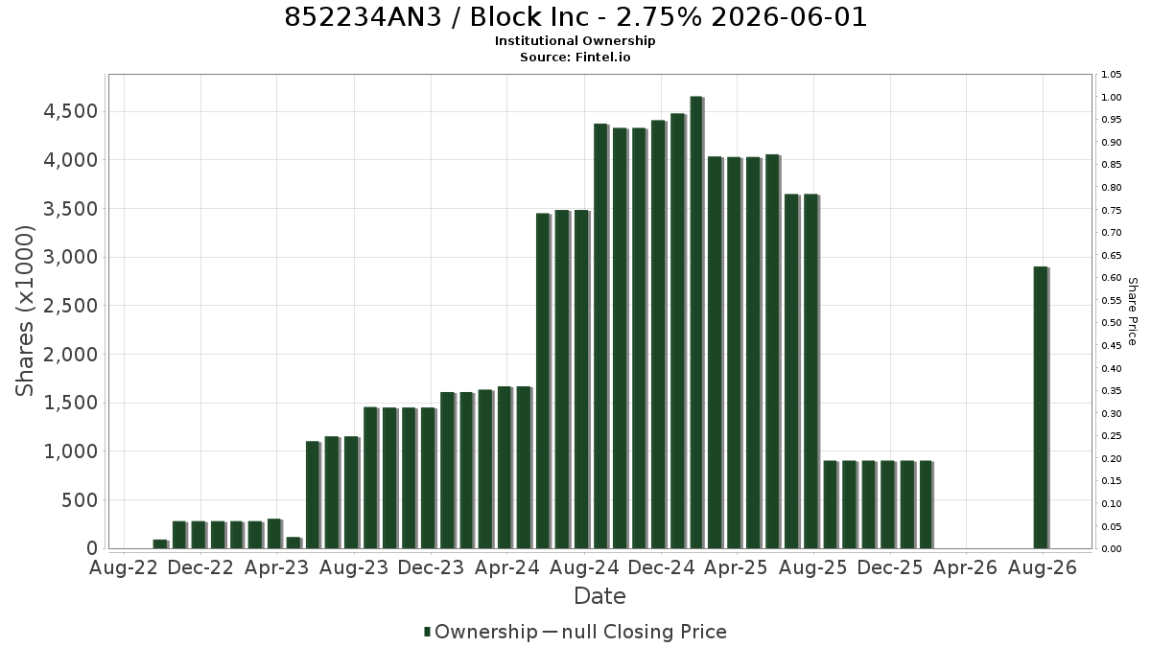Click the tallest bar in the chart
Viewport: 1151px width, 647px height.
tap(696, 322)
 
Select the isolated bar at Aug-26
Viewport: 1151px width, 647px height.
tap(1041, 407)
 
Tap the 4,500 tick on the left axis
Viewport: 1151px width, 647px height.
tap(71, 111)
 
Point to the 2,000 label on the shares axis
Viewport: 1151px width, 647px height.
tap(71, 355)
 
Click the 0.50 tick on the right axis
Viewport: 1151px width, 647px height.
tap(1111, 323)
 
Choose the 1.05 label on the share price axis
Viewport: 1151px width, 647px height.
tap(1111, 75)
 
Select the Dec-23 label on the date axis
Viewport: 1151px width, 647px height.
tap(431, 567)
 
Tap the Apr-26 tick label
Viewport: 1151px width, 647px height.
tap(965, 567)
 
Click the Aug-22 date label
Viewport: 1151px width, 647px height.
tap(124, 567)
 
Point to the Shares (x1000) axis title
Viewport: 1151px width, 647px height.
tap(24, 312)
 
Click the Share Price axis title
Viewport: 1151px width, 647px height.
tap(1132, 312)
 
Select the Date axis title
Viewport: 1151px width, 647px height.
tap(599, 596)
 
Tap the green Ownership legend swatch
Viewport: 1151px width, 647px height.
tap(427, 632)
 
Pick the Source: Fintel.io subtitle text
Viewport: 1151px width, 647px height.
tap(575, 57)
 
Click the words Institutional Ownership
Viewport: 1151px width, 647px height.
tap(575, 41)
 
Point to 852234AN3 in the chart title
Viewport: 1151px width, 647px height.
tap(363, 17)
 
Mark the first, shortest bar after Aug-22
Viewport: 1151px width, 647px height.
tap(161, 544)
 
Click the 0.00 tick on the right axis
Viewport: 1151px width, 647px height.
tap(1111, 549)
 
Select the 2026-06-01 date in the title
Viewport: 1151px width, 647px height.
tap(789, 17)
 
